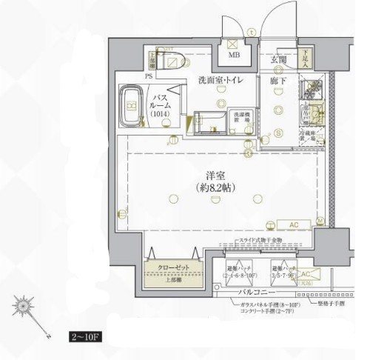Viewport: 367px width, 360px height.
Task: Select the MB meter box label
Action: pyautogui.click(x=233, y=56)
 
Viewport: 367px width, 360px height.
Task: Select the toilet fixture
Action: pyautogui.click(x=173, y=61)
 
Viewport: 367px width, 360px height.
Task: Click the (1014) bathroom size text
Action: pyautogui.click(x=159, y=115)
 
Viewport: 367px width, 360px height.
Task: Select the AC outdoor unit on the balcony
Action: pyautogui.click(x=307, y=276)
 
